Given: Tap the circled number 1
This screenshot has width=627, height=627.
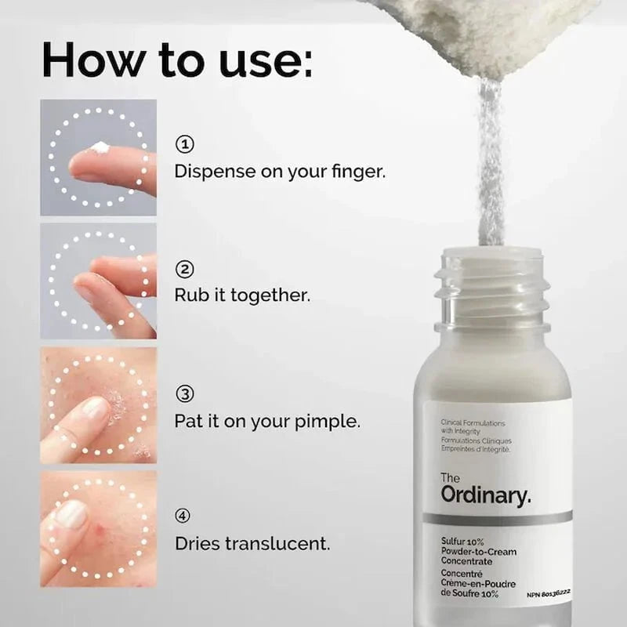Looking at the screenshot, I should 184,144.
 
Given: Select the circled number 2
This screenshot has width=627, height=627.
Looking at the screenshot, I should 184,270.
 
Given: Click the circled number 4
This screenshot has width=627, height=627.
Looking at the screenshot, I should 183,516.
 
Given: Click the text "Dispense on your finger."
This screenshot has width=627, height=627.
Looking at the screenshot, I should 280,171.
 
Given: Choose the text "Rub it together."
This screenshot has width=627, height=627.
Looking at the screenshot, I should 242,296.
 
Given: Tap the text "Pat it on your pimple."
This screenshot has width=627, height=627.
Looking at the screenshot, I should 267,421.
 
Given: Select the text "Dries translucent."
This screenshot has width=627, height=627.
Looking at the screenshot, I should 252,542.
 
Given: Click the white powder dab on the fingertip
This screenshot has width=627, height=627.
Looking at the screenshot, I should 100,147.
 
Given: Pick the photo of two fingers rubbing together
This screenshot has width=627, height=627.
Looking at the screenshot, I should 99,281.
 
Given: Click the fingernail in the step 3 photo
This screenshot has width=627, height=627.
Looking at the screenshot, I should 94,407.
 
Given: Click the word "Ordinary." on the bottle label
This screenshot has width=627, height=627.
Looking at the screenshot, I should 485,495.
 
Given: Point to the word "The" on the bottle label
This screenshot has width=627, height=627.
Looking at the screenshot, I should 450,478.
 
